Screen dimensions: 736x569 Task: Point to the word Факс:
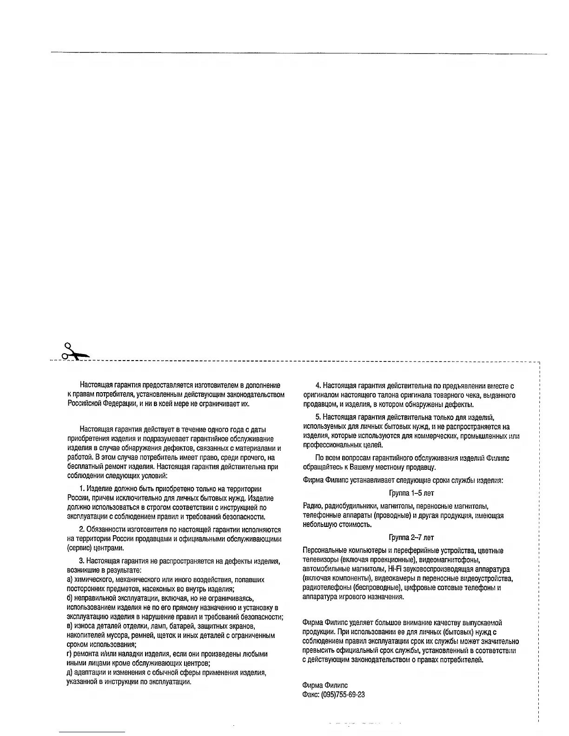(x=311, y=695)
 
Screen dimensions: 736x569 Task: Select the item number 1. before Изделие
(x=82, y=489)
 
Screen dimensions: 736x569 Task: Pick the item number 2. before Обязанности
(x=82, y=530)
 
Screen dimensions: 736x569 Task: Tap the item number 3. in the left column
(x=82, y=561)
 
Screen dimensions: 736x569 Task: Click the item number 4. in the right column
(x=318, y=386)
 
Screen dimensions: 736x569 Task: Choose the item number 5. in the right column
(x=318, y=417)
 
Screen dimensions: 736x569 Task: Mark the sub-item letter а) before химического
(x=70, y=580)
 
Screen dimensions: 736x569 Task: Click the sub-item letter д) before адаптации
(x=70, y=673)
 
